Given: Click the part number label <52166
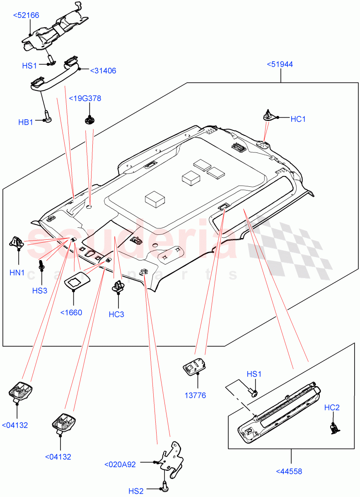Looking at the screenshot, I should [x=26, y=15].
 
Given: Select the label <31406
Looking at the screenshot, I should [x=103, y=71].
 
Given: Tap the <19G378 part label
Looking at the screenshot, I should [x=85, y=99].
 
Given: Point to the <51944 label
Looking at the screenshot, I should [x=280, y=64].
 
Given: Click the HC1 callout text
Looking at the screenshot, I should [x=298, y=119].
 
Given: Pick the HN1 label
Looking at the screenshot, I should [x=17, y=273].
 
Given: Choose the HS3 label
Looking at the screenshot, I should [x=40, y=290].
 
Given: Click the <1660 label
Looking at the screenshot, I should [x=71, y=313].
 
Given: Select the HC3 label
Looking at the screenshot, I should [x=116, y=314].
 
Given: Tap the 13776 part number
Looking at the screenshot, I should [x=196, y=396].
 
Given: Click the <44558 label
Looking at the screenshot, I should [x=289, y=471].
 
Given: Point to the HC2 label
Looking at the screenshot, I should [x=332, y=408].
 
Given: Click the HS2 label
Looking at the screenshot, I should [x=136, y=491].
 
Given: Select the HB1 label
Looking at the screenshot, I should [x=26, y=122].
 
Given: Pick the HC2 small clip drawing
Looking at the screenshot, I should [x=334, y=427].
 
